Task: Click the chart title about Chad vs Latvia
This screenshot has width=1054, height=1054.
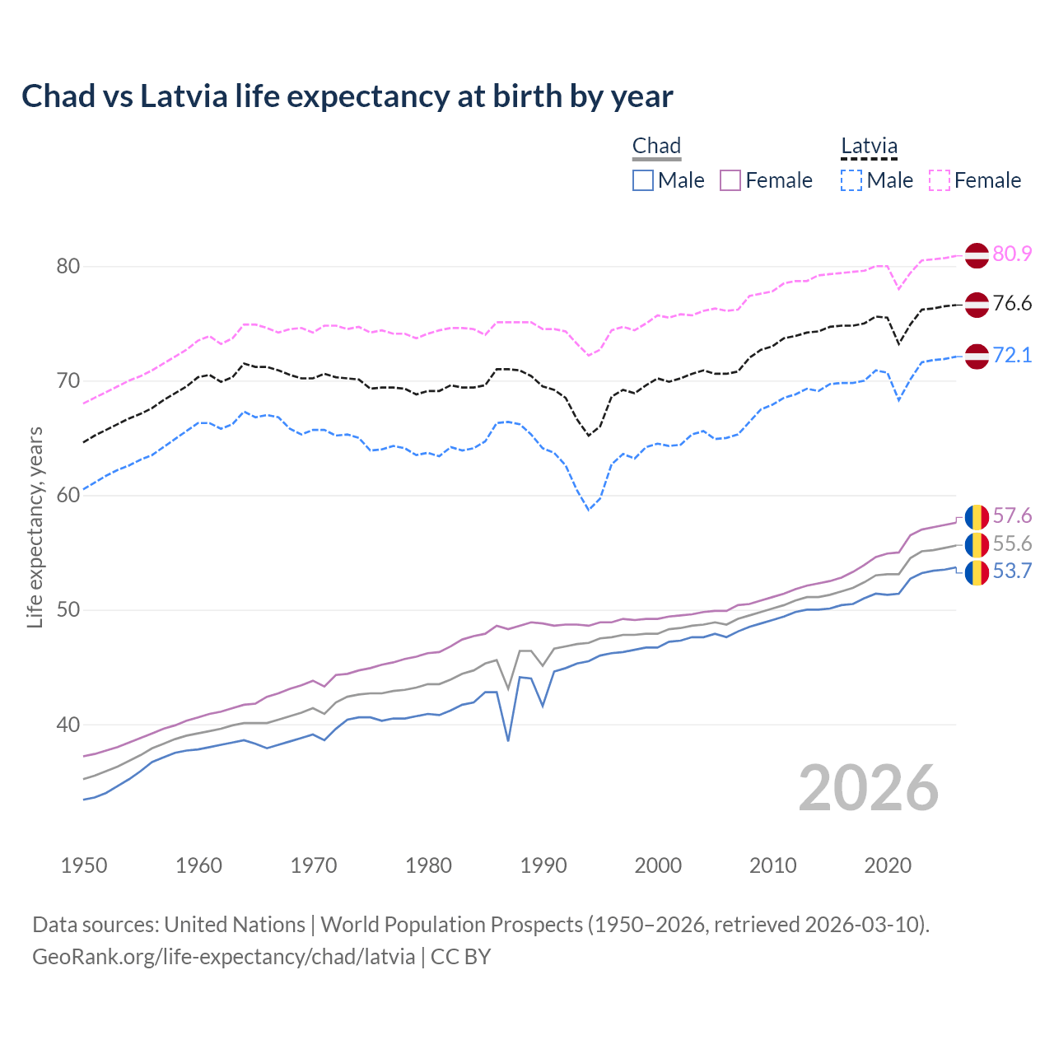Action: pyautogui.click(x=347, y=96)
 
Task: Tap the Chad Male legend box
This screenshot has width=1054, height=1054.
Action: pyautogui.click(x=643, y=180)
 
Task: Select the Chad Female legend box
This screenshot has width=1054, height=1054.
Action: pyautogui.click(x=730, y=180)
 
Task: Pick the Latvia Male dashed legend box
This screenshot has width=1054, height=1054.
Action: pyautogui.click(x=851, y=180)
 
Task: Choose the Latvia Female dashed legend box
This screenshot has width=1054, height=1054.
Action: pyautogui.click(x=940, y=180)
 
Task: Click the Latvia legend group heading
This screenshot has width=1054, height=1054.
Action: pyautogui.click(x=869, y=147)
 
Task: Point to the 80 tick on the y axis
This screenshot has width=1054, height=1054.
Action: pyautogui.click(x=68, y=266)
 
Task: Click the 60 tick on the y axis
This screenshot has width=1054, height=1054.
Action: pyautogui.click(x=68, y=495)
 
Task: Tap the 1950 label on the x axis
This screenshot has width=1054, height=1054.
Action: pyautogui.click(x=84, y=865)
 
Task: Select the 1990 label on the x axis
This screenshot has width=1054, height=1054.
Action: pyautogui.click(x=543, y=865)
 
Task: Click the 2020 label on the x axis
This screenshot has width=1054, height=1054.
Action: pyautogui.click(x=888, y=865)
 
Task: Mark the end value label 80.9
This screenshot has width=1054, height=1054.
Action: pyautogui.click(x=1012, y=254)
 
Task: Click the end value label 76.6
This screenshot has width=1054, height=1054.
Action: pyautogui.click(x=1012, y=303)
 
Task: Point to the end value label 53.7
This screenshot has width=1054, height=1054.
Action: pyautogui.click(x=1012, y=571)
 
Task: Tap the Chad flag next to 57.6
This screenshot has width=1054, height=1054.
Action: pyautogui.click(x=977, y=517)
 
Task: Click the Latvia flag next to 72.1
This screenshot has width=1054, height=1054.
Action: pyautogui.click(x=977, y=357)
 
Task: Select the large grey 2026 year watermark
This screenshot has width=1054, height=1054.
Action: pyautogui.click(x=868, y=788)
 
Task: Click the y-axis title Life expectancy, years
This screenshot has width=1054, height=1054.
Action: pyautogui.click(x=35, y=527)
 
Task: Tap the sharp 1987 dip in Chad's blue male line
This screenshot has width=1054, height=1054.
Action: pyautogui.click(x=508, y=739)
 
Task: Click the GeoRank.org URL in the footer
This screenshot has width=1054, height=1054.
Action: pyautogui.click(x=223, y=957)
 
